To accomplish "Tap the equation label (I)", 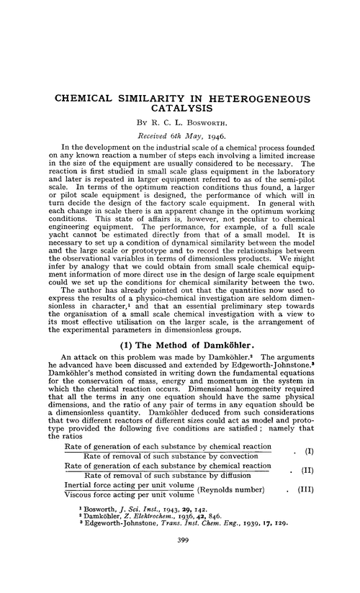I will point(310,451).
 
